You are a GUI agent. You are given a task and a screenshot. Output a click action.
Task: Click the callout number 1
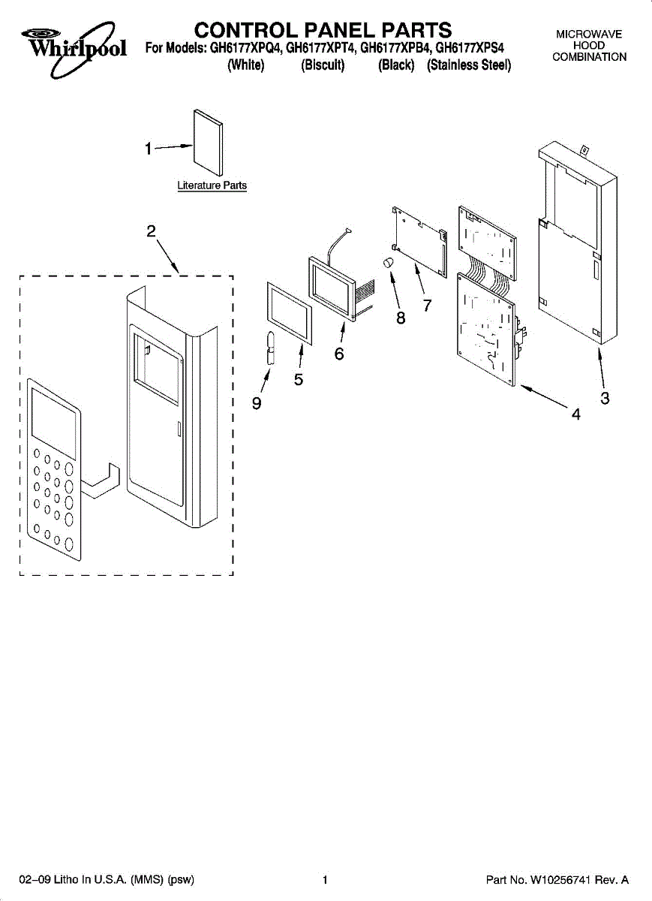(149, 149)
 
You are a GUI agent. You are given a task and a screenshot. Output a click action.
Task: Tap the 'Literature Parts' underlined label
(212, 185)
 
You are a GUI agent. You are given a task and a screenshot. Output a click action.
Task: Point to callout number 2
(151, 231)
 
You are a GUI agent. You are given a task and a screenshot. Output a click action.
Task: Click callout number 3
(605, 399)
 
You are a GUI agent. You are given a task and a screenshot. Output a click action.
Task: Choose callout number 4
(575, 414)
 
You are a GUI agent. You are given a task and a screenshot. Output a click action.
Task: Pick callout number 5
(299, 380)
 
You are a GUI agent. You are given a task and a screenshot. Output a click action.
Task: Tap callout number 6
(339, 353)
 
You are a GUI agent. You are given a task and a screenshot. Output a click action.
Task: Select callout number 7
(426, 306)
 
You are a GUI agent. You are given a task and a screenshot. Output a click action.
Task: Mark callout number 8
(401, 318)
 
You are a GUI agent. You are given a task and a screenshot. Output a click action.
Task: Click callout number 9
(257, 403)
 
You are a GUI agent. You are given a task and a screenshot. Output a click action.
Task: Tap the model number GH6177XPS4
(470, 48)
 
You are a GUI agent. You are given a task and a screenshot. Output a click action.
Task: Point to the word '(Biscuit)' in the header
(323, 65)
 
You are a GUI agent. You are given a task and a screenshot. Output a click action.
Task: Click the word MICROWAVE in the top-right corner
(589, 35)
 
